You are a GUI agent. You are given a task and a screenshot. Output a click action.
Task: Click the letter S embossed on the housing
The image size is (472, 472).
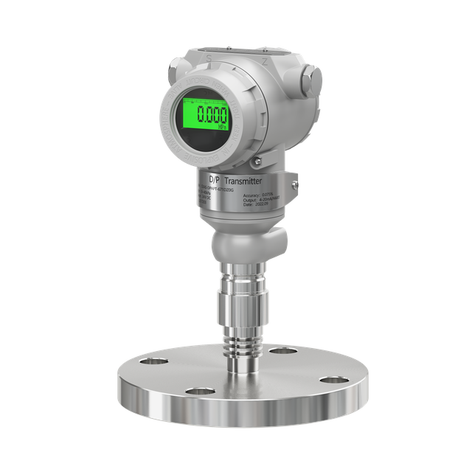(209, 55)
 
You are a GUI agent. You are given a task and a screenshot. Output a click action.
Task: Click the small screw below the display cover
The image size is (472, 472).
(254, 161)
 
